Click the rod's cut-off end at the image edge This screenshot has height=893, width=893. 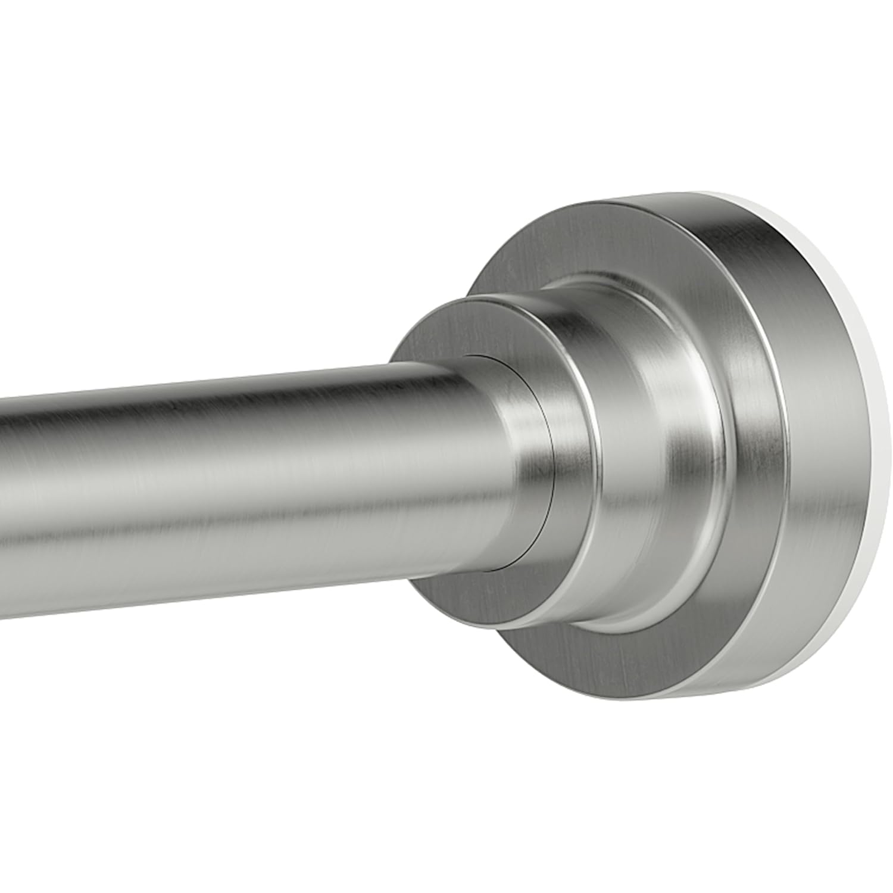pyautogui.click(x=2, y=494)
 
